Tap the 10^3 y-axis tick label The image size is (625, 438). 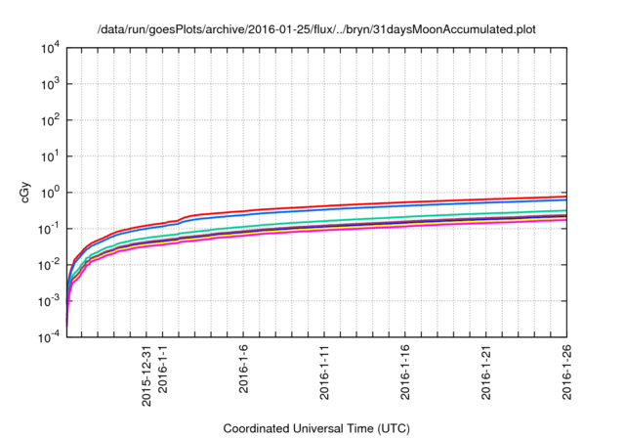tap(50, 84)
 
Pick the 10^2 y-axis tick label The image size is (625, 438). tap(50, 120)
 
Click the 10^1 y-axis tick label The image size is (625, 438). tap(50, 156)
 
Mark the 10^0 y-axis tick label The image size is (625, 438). tap(50, 193)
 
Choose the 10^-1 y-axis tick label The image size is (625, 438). tap(48, 229)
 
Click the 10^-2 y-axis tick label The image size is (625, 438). tap(48, 265)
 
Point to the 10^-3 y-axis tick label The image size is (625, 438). tap(48, 301)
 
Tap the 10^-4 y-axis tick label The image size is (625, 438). tap(48, 337)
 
